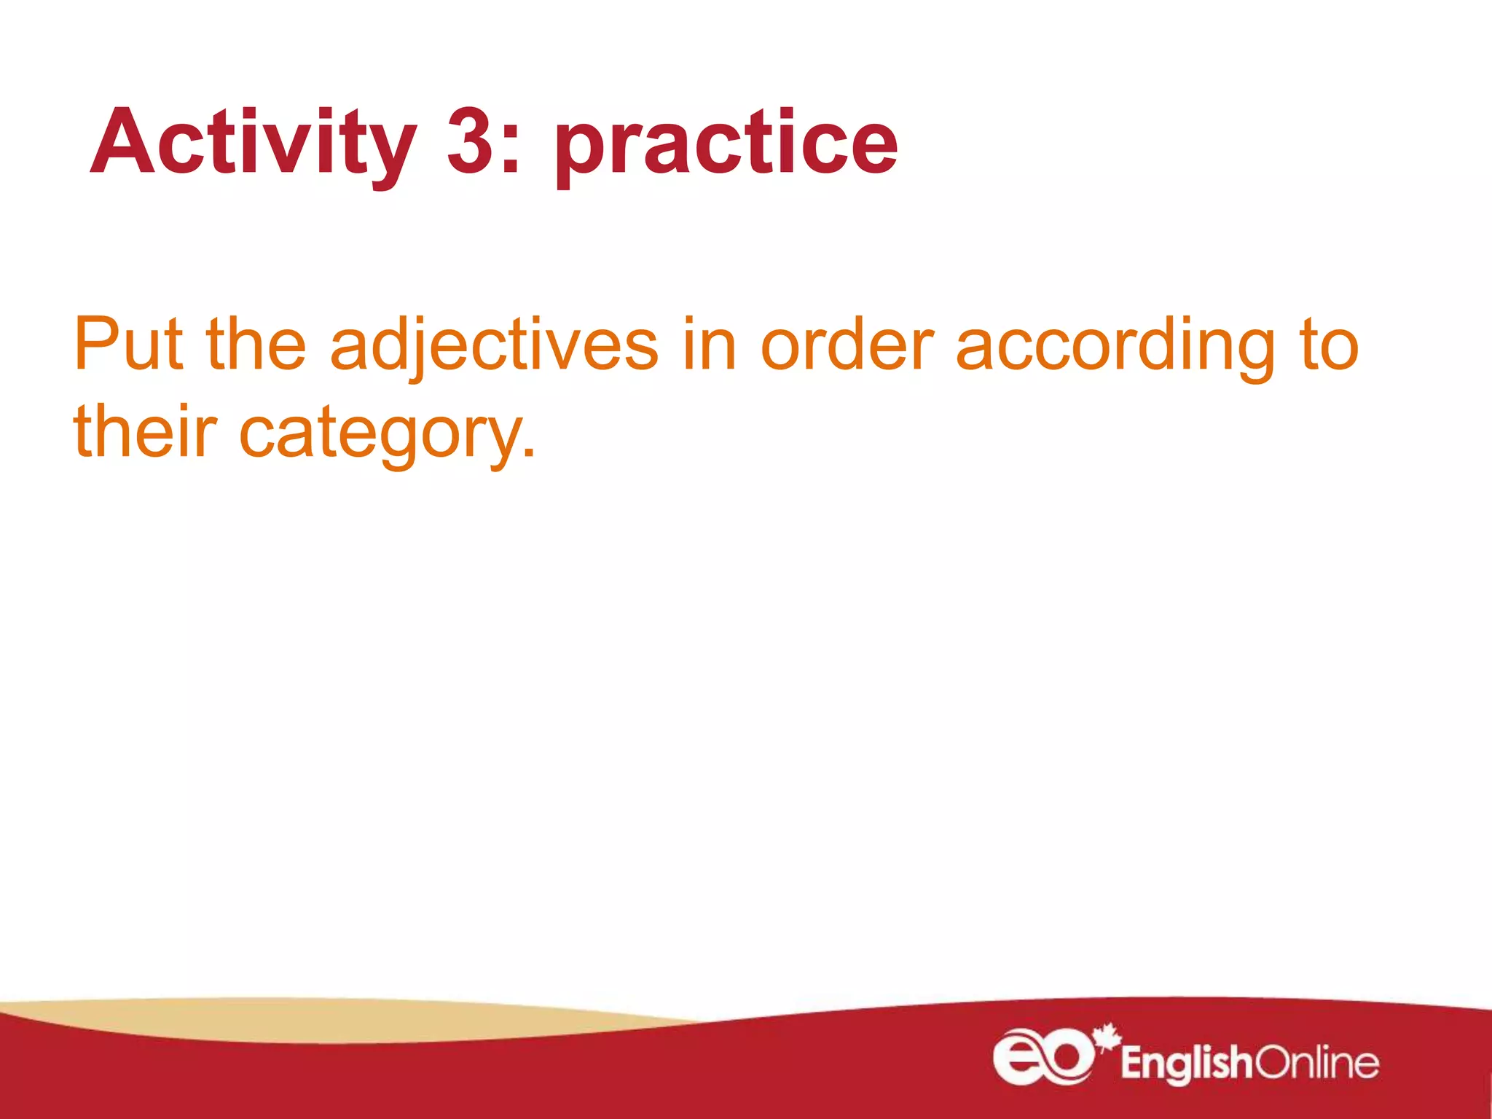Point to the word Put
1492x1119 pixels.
127,344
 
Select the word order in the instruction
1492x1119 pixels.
847,344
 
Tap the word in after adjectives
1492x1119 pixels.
710,344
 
